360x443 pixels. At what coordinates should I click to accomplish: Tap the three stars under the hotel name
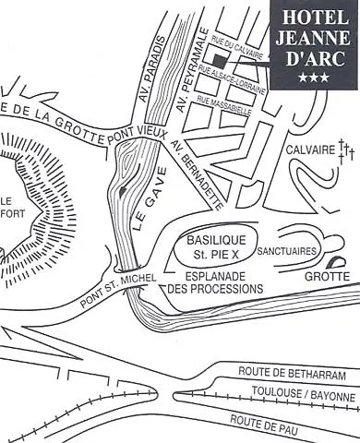click(x=314, y=81)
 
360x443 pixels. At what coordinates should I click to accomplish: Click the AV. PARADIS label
click(x=154, y=71)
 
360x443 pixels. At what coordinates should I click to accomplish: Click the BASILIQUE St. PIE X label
click(x=210, y=245)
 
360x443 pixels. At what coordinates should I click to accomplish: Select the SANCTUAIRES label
click(x=287, y=251)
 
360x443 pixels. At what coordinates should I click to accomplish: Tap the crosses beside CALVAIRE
click(x=346, y=149)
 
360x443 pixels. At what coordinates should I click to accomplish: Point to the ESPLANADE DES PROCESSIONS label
click(x=216, y=281)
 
